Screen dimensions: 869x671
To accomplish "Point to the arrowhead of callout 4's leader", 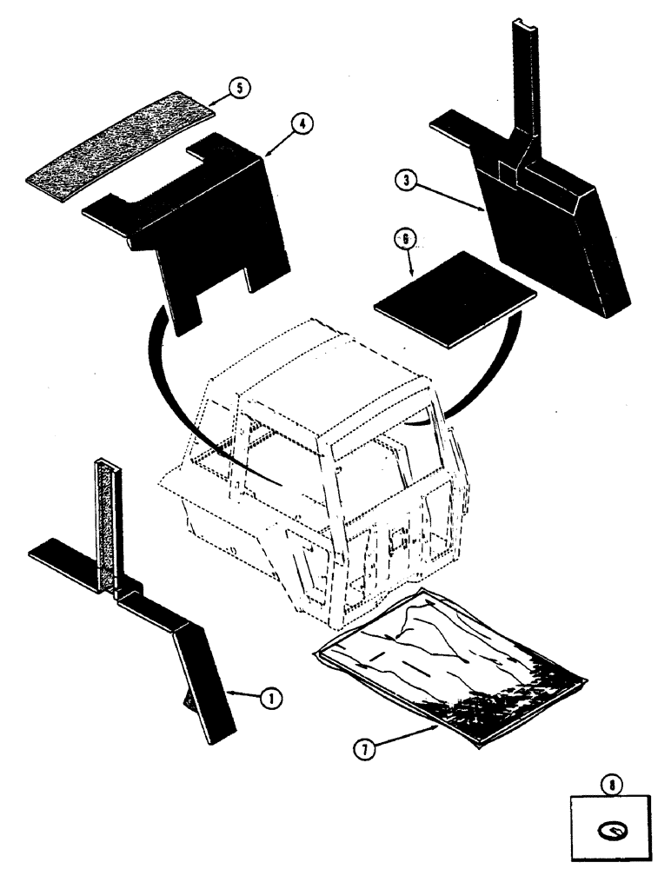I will pyautogui.click(x=266, y=153).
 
